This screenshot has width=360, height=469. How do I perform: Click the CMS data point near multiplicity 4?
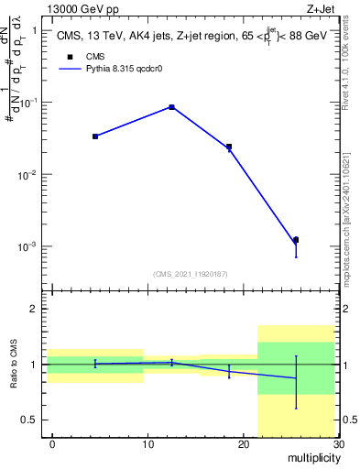coord(95,136)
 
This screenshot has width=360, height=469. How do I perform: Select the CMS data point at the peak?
coord(171,107)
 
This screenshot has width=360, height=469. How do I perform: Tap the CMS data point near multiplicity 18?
coord(229,147)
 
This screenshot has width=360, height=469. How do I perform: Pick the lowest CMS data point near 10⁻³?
coord(296,240)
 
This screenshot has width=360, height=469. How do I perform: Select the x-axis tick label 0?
coord(52,444)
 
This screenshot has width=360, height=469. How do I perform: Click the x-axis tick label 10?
coord(147,444)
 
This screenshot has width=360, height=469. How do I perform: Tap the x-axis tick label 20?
coord(243,444)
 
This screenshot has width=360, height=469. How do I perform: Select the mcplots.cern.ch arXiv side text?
coord(352,215)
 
